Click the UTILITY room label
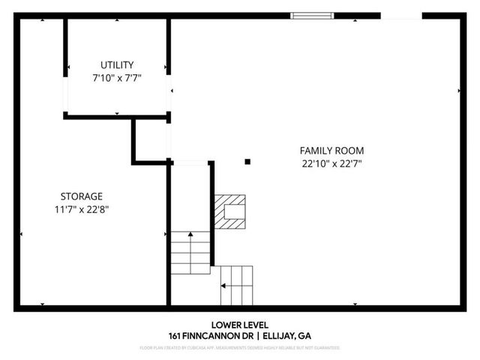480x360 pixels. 116,65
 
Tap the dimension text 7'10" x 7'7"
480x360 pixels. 116,77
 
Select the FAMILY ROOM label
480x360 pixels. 327,151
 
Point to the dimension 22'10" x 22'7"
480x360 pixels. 327,163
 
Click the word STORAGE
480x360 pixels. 82,196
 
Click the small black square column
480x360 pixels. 247,160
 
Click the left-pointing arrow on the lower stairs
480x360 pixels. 223,286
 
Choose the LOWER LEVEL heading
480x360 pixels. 239,324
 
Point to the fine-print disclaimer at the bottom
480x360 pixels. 239,348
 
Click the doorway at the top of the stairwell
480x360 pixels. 189,161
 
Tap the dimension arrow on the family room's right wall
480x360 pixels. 459,91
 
